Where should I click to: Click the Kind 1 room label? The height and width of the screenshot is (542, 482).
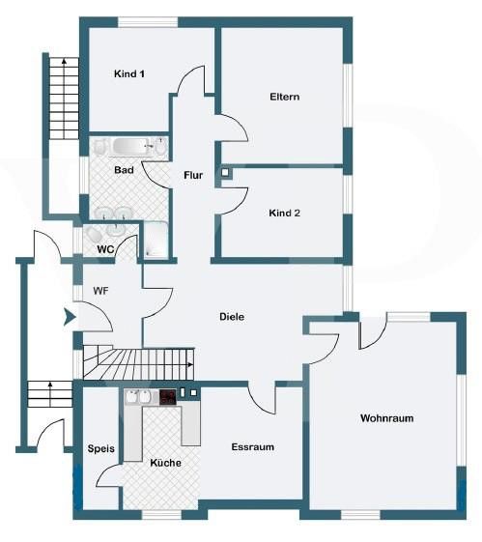coord(129,73)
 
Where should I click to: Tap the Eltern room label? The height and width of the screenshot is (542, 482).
coord(284,97)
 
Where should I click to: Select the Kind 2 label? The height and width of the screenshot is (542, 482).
coord(284,213)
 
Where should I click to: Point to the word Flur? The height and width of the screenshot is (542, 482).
coord(193,175)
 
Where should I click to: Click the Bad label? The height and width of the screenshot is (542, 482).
coord(124,170)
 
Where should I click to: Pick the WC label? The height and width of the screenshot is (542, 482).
coord(105,249)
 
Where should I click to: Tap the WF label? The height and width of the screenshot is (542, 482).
coord(100,291)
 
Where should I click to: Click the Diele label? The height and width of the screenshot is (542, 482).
coord(232,317)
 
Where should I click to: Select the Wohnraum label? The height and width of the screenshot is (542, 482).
coord(387,418)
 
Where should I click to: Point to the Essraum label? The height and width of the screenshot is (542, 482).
coord(253,447)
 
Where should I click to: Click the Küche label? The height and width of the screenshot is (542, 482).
coord(165,463)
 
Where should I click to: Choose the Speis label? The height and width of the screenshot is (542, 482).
coord(100,448)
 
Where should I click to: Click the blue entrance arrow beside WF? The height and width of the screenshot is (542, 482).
coord(70,317)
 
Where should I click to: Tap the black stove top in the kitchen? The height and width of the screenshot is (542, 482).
coord(167,397)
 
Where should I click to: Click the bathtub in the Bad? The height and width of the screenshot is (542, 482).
coord(131,146)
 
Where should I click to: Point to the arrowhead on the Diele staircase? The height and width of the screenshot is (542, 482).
coord(190,364)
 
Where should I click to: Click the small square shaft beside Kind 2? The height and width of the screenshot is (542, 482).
coord(225,172)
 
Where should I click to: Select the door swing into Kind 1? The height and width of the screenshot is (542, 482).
coord(190,80)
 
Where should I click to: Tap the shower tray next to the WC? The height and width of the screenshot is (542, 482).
coord(156,241)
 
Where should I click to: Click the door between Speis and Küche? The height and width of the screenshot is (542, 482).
coord(108,474)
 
